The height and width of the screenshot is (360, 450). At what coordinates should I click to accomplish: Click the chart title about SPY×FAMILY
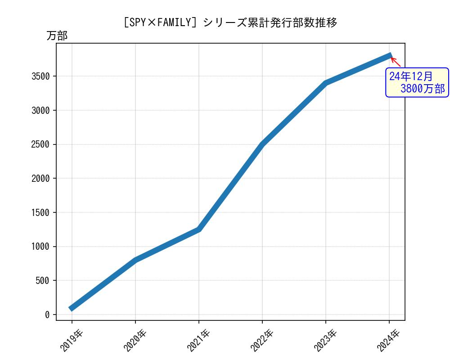pos(230,22)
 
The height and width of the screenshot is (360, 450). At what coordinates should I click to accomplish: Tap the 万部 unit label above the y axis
pos(57,36)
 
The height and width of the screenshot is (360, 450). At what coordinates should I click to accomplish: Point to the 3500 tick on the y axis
pos(40,76)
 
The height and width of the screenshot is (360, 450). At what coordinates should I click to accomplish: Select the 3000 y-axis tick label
pos(40,110)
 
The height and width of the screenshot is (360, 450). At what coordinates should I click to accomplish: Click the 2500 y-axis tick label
pos(40,144)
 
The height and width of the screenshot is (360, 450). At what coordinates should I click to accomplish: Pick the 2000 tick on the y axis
pos(40,178)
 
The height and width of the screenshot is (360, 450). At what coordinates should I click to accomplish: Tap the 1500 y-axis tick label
pos(40,212)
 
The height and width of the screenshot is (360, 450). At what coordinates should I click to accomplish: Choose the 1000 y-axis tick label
pos(40,247)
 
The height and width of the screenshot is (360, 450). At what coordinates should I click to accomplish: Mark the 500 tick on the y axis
pos(43,281)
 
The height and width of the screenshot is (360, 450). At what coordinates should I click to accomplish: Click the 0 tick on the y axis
pos(47,315)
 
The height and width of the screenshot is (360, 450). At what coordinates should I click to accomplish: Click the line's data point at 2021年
pos(199,229)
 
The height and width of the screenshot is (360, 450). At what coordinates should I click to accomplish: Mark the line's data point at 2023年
pos(326,83)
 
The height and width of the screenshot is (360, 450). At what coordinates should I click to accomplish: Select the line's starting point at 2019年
pos(72,308)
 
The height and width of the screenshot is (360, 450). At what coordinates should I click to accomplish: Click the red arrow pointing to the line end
pos(395,62)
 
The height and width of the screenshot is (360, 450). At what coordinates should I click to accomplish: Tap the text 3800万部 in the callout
pos(422,89)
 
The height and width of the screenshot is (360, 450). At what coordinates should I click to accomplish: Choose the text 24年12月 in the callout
pos(411,76)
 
